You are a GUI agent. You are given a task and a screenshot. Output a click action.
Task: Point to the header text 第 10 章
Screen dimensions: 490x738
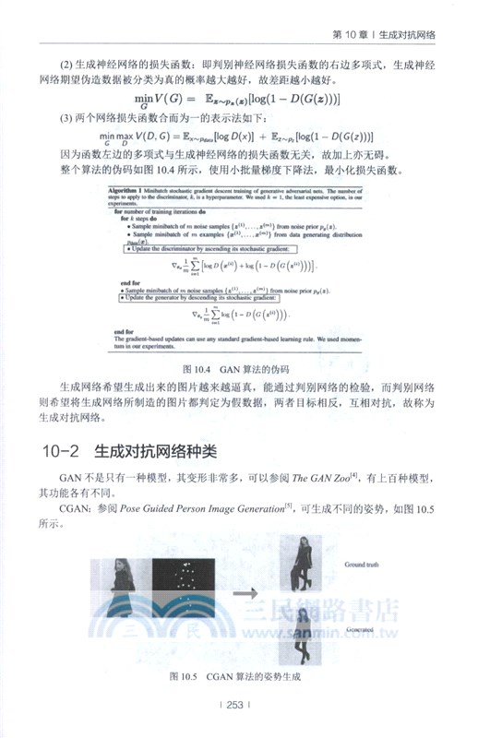point(352,35)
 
